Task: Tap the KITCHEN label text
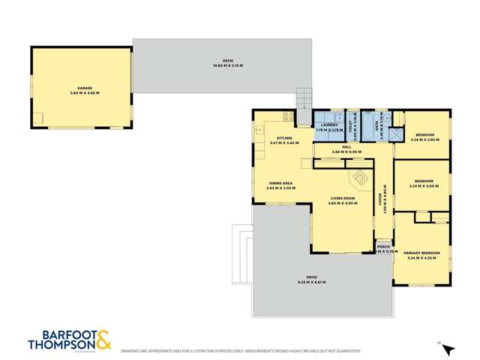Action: (x=283, y=138)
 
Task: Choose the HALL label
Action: (x=346, y=147)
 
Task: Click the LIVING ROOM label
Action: (x=344, y=199)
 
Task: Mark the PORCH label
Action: (x=383, y=246)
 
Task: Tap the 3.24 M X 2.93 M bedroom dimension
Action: (x=424, y=139)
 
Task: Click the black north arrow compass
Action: (x=448, y=349)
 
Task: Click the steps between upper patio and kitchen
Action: (x=303, y=98)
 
